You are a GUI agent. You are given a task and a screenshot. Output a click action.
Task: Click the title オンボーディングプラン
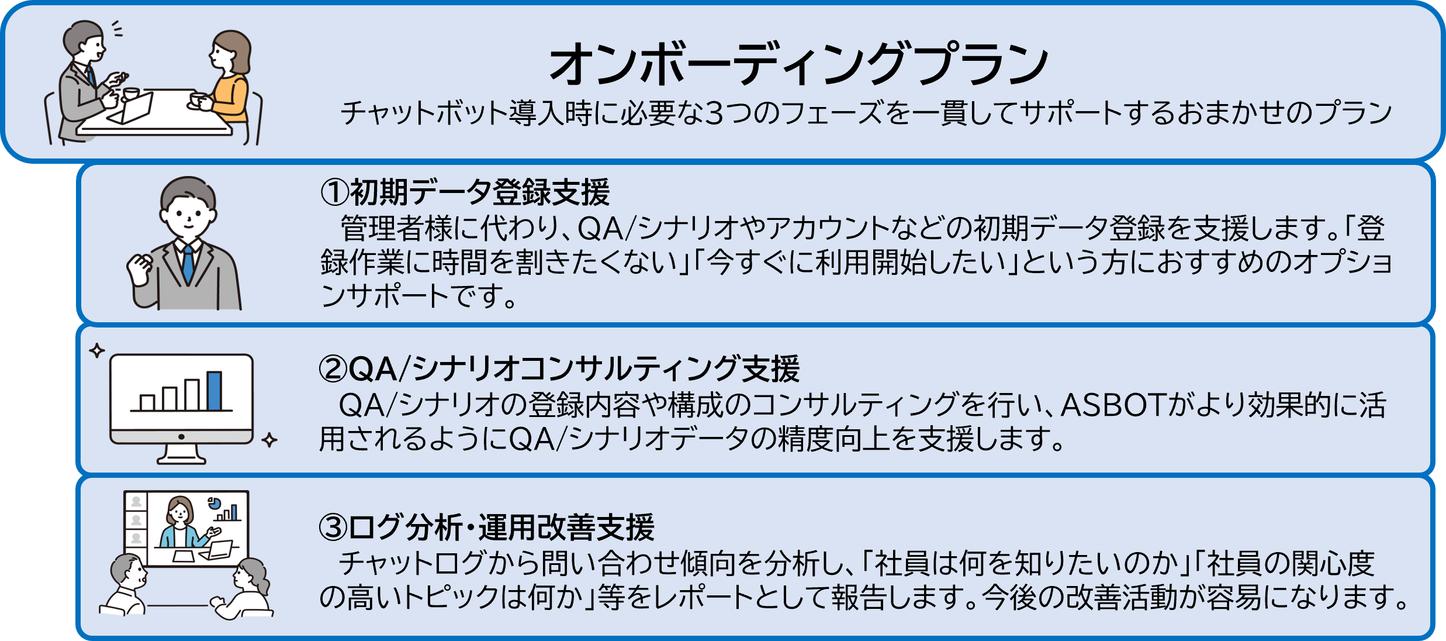798,63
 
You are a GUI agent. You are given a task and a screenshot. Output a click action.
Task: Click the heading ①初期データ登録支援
465,192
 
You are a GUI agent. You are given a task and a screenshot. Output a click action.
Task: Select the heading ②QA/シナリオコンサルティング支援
559,368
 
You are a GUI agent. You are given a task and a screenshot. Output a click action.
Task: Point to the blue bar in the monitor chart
215,391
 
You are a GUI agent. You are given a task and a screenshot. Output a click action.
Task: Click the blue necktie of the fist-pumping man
188,264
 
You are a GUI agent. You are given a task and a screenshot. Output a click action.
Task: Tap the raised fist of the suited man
140,270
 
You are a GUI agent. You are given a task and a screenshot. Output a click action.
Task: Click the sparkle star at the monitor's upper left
97,351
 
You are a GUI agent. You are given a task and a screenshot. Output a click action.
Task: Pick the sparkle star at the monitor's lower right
269,440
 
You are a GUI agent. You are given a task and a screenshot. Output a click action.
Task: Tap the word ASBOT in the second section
1113,405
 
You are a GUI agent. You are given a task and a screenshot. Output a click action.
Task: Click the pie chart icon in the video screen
213,502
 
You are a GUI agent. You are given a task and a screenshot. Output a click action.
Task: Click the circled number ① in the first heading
334,192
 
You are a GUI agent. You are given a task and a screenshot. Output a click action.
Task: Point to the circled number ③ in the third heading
333,527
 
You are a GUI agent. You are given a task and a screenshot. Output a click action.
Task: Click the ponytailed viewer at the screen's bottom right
248,588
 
